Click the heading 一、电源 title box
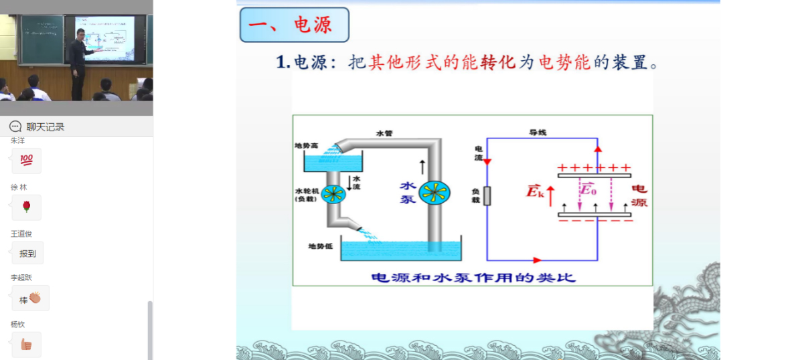point(294,25)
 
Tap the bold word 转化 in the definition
point(499,63)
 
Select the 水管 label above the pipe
point(384,133)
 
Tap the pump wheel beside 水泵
point(434,193)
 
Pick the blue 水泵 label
point(408,192)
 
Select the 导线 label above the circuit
point(538,132)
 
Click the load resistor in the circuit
point(487,195)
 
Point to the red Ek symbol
point(535,193)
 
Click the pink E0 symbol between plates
point(588,189)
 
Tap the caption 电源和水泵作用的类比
point(473,277)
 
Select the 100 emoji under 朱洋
point(27,161)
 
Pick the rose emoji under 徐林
point(27,207)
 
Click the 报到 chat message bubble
point(27,254)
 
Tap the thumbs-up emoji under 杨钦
point(26,345)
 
